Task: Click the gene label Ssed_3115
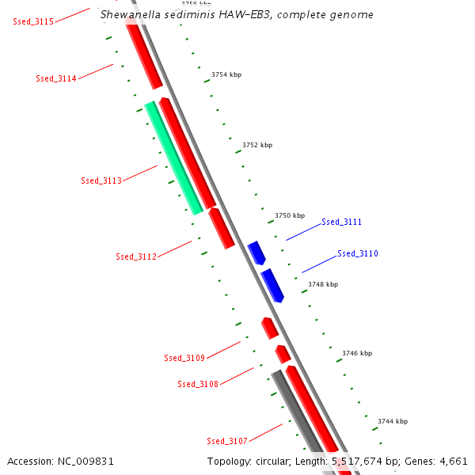[33, 21]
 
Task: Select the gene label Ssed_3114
[56, 78]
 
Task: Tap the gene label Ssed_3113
[101, 180]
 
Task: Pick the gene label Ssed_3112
[136, 256]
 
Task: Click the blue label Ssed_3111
[341, 222]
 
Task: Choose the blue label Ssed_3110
[358, 254]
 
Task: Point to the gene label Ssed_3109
[184, 358]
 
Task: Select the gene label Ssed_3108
[198, 384]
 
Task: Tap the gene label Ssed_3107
[227, 441]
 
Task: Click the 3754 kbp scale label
[226, 74]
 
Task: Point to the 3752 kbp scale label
[257, 145]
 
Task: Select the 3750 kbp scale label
[290, 215]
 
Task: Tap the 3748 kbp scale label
[323, 284]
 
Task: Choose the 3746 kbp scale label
[357, 353]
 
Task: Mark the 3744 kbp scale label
[393, 421]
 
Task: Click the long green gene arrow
[173, 158]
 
